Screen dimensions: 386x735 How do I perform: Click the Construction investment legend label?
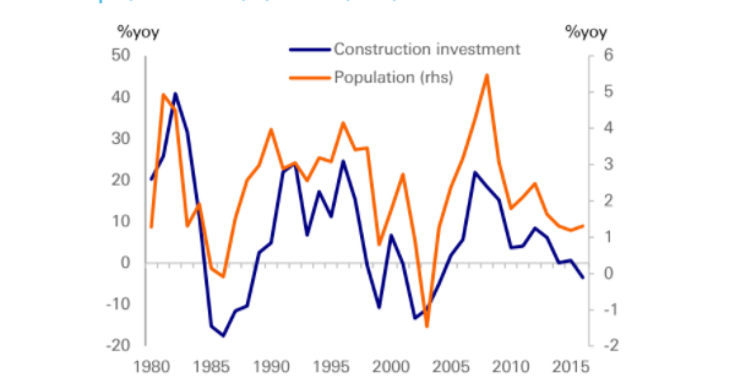tap(427, 49)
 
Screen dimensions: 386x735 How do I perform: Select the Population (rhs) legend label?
tap(393, 77)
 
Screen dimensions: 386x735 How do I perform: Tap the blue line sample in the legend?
tap(309, 49)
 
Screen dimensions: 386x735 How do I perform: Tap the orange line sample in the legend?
tap(309, 77)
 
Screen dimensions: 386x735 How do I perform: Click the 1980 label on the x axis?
tap(147, 367)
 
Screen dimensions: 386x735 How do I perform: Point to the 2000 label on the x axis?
tap(390, 367)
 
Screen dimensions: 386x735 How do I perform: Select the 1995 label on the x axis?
tap(330, 367)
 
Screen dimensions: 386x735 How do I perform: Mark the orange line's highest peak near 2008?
tap(486, 75)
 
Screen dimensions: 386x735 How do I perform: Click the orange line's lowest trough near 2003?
tap(427, 327)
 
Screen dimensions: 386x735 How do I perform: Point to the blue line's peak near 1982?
tap(175, 94)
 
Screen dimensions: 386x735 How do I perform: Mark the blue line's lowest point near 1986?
tap(224, 336)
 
